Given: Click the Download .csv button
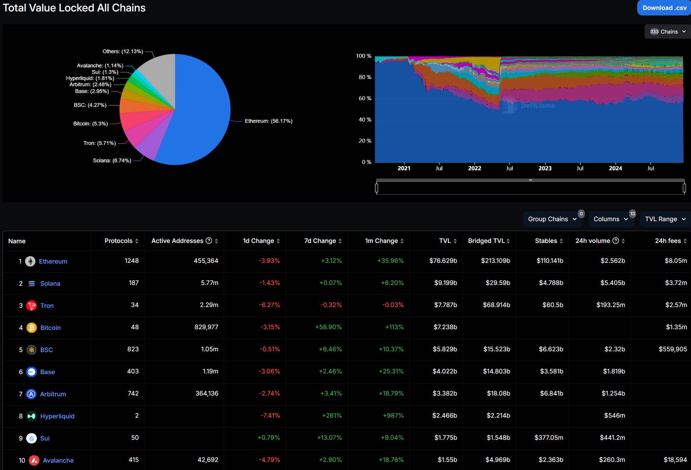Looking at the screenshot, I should (664, 8).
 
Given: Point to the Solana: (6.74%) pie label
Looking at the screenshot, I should (112, 161).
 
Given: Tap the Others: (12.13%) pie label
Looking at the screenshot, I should (123, 52).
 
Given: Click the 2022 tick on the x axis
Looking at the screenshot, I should (474, 168).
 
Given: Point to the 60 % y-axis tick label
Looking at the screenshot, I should (365, 98).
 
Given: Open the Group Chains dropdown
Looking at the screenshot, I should (552, 219).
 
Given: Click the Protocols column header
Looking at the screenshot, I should (119, 241).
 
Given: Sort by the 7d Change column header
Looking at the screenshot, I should (320, 241).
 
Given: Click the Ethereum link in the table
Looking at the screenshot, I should (53, 261).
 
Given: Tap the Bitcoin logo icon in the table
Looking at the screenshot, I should (32, 328).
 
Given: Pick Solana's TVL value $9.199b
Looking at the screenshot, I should (446, 283).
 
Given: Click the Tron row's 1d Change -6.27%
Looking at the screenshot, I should (269, 305).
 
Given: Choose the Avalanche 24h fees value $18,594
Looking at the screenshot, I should (675, 460).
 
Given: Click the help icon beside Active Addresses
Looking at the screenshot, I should (209, 241).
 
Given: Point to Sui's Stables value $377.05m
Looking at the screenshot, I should (549, 438).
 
